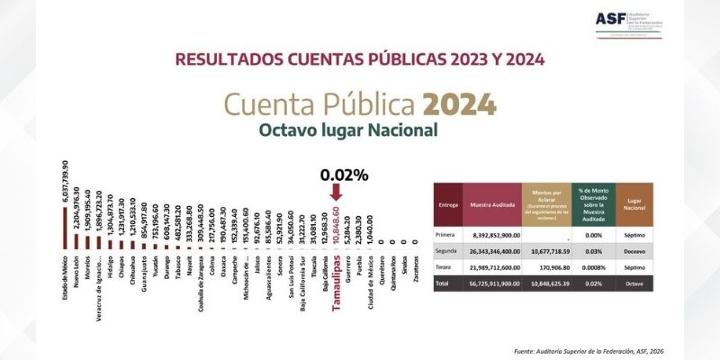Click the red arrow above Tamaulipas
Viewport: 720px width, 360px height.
point(335,191)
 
